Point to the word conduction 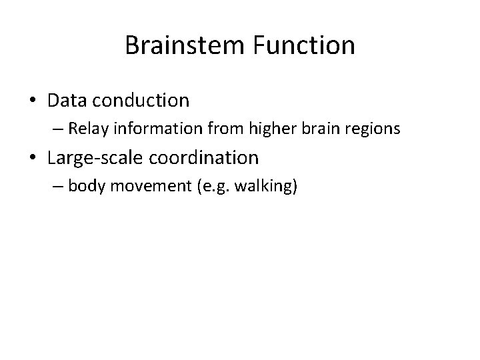click(141, 101)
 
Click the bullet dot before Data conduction click(33, 101)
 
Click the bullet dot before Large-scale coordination click(33, 158)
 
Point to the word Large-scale click(93, 158)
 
